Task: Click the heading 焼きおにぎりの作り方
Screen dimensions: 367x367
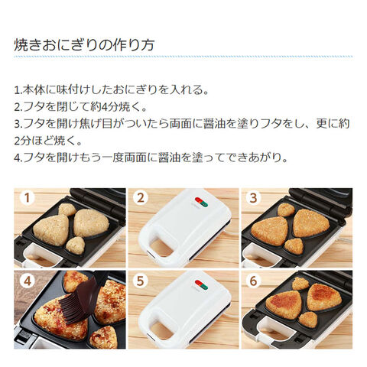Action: pyautogui.click(x=84, y=45)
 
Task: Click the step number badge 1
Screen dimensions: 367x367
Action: pyautogui.click(x=28, y=198)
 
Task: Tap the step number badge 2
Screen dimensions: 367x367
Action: pyautogui.click(x=141, y=198)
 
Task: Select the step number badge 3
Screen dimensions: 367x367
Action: pyautogui.click(x=253, y=198)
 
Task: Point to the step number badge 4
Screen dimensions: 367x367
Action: pyautogui.click(x=28, y=281)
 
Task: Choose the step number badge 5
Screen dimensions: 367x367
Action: pyautogui.click(x=141, y=281)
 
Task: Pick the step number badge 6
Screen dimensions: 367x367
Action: pyautogui.click(x=253, y=281)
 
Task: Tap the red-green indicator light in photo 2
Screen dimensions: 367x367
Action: pyautogui.click(x=201, y=202)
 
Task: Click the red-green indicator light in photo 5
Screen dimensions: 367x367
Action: pyautogui.click(x=201, y=284)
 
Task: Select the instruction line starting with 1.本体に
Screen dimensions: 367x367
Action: pyautogui.click(x=112, y=90)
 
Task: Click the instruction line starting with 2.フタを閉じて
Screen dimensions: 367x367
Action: pyautogui.click(x=80, y=107)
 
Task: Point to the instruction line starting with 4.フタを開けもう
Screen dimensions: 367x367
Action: pyautogui.click(x=151, y=158)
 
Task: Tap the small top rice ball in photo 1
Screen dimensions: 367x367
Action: pyautogui.click(x=67, y=209)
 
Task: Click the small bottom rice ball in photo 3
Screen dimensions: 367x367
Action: pyautogui.click(x=294, y=246)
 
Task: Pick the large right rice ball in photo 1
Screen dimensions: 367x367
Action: pyautogui.click(x=91, y=223)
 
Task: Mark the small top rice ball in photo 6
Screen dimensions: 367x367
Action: pyautogui.click(x=300, y=284)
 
